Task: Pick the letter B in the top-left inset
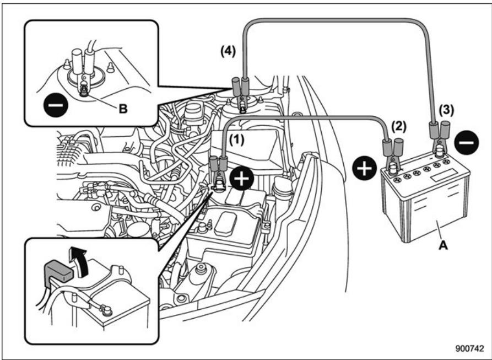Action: [x=123, y=109]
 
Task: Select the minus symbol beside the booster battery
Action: [x=467, y=143]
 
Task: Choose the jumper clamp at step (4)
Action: [x=240, y=93]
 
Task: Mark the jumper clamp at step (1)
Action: [x=218, y=168]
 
